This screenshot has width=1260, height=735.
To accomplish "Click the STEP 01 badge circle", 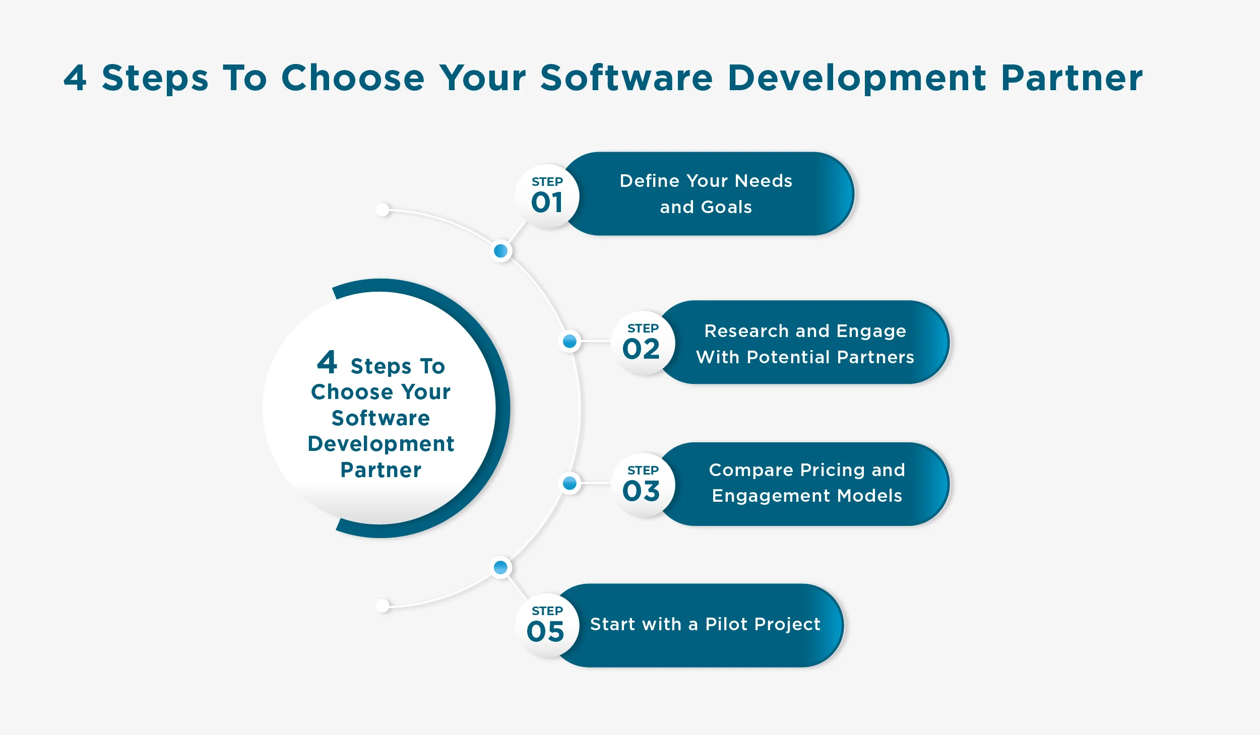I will (547, 196).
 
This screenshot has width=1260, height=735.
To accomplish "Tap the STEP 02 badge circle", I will (643, 343).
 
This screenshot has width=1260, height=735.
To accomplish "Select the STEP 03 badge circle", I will (643, 485).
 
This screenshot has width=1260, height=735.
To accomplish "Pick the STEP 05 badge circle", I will (547, 625).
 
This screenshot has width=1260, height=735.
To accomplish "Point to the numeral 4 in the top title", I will (75, 78).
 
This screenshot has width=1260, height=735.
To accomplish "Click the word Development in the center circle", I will (381, 444).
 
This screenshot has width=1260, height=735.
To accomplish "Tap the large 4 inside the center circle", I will (327, 362).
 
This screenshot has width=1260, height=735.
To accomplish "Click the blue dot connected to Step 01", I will (500, 251).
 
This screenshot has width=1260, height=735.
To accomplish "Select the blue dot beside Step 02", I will (570, 341).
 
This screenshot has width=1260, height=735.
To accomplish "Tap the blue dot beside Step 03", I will (570, 483).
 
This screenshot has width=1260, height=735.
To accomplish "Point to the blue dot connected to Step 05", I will (500, 567).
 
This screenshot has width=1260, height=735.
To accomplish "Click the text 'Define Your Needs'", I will (706, 181).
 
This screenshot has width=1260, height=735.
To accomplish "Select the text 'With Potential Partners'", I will (805, 357).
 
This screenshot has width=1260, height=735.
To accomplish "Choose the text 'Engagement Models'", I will (807, 496).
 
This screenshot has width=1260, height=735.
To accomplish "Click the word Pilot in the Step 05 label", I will (726, 624).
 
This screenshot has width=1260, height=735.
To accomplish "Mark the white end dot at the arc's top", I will (383, 210).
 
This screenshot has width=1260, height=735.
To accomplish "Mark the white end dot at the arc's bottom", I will (383, 605).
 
